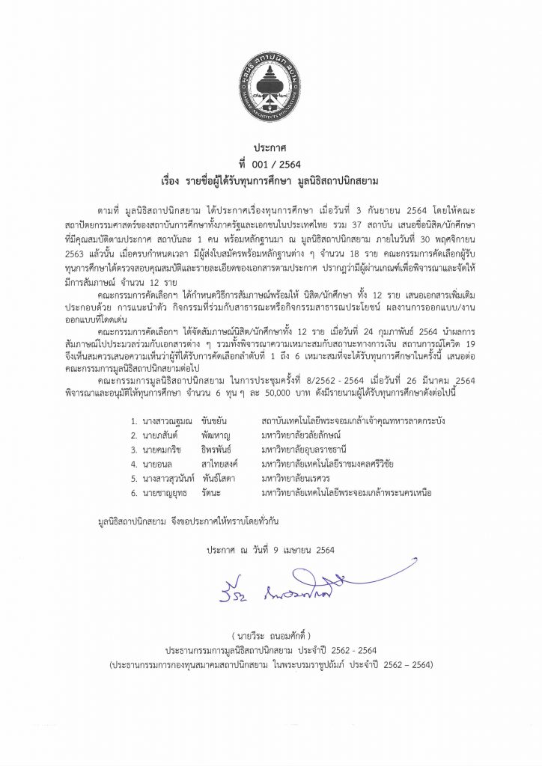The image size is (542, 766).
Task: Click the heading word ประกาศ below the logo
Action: (x=270, y=150)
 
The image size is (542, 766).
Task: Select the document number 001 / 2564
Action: (x=270, y=165)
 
